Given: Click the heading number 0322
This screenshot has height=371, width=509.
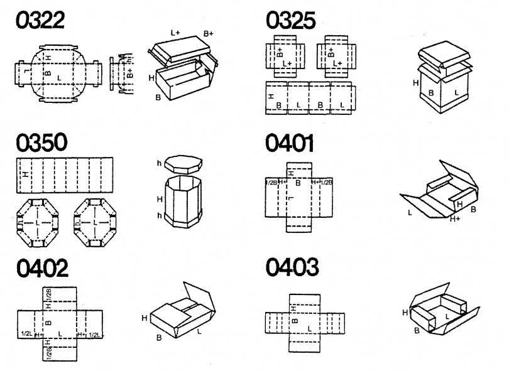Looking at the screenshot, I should pyautogui.click(x=40, y=21).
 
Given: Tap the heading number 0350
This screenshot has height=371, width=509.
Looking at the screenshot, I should pyautogui.click(x=41, y=142).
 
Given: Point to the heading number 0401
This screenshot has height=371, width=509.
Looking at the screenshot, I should pyautogui.click(x=290, y=143).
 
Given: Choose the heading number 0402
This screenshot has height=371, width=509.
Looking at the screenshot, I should pyautogui.click(x=41, y=269).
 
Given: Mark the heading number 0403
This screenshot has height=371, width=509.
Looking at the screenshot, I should pyautogui.click(x=291, y=269).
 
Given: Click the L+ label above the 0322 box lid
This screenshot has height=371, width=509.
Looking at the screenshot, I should pyautogui.click(x=177, y=31).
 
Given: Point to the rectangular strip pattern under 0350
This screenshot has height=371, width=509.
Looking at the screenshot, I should pyautogui.click(x=63, y=175).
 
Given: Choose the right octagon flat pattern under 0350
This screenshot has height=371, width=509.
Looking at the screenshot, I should pyautogui.click(x=96, y=222).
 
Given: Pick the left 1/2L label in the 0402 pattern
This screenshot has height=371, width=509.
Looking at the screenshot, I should pyautogui.click(x=26, y=334).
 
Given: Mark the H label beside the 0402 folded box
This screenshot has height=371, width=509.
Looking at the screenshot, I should pyautogui.click(x=145, y=319).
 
